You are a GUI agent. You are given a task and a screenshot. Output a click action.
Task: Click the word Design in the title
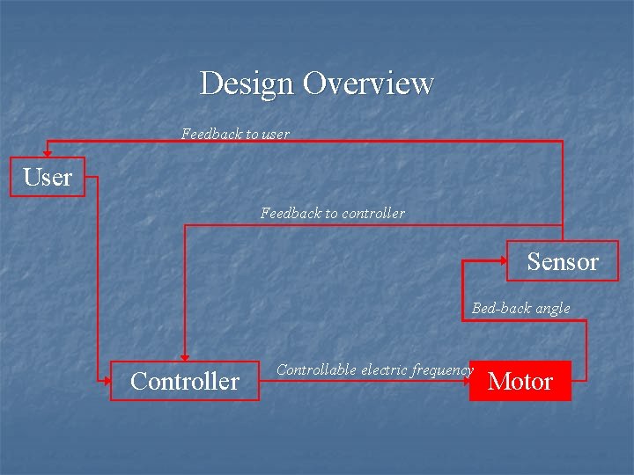click(247, 84)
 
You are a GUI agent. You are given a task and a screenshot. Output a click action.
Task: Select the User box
click(48, 177)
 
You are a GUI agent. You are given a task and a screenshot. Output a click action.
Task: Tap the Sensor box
click(563, 261)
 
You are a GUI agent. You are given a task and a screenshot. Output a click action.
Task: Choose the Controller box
click(185, 381)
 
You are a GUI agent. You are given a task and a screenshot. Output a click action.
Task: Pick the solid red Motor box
click(520, 381)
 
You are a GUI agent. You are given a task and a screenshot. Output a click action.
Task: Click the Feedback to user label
click(235, 135)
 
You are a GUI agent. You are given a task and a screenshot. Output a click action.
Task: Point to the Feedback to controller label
click(333, 213)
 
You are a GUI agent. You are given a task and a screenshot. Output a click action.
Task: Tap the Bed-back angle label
click(520, 308)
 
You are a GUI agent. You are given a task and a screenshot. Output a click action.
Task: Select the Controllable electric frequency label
click(374, 369)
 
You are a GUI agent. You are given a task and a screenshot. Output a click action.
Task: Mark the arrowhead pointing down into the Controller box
click(185, 356)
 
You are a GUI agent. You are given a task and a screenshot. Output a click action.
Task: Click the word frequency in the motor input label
click(443, 369)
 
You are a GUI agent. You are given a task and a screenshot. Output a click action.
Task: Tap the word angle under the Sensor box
click(551, 308)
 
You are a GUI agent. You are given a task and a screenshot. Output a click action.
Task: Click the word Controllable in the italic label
click(316, 369)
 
